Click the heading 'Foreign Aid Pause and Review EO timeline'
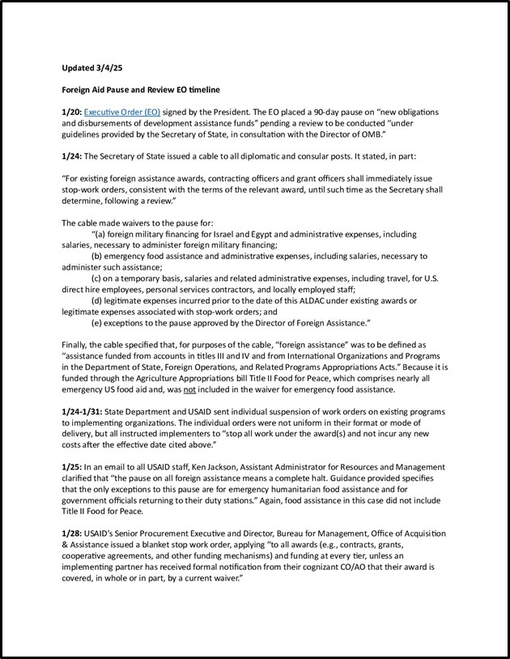141,88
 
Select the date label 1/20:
71,110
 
